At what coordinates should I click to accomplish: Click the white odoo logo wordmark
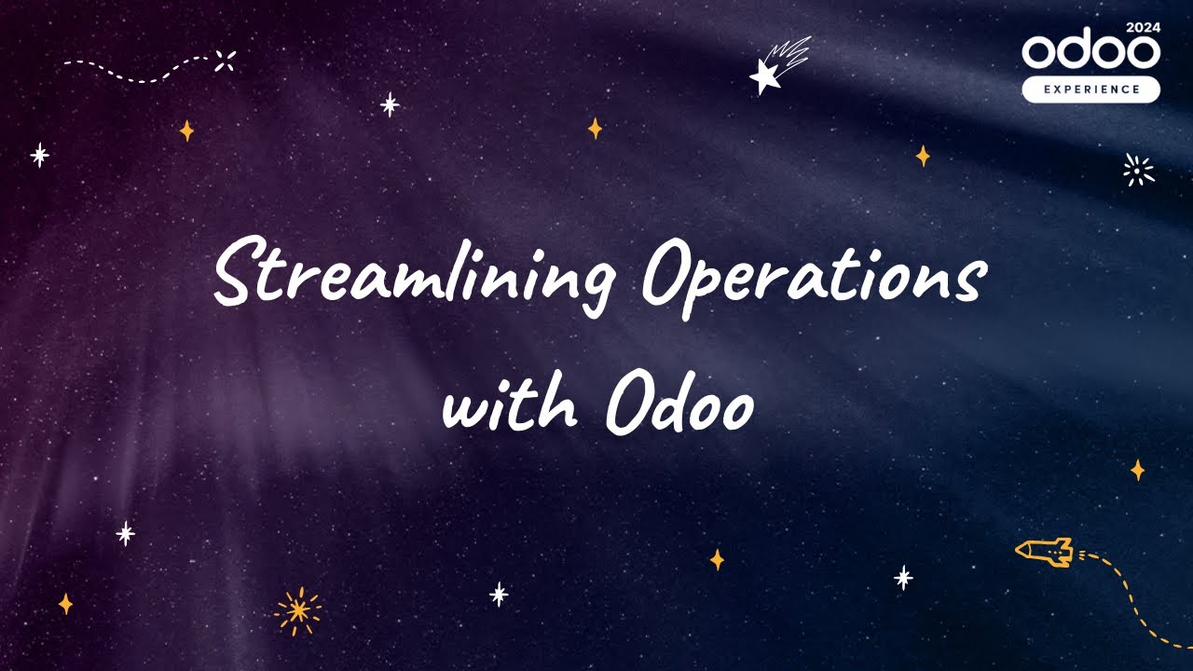click(1090, 52)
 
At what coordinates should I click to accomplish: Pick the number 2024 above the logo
click(1143, 27)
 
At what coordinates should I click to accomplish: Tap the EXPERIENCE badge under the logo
click(1090, 89)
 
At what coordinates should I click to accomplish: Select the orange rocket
click(1045, 552)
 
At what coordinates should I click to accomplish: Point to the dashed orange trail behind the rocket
click(1132, 596)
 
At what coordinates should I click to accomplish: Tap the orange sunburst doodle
click(298, 610)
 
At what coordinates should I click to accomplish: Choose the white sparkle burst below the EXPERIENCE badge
click(1138, 170)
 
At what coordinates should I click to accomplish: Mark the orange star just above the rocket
click(1137, 470)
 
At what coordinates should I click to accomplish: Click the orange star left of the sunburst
click(65, 604)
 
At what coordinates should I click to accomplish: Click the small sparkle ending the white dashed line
click(225, 62)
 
